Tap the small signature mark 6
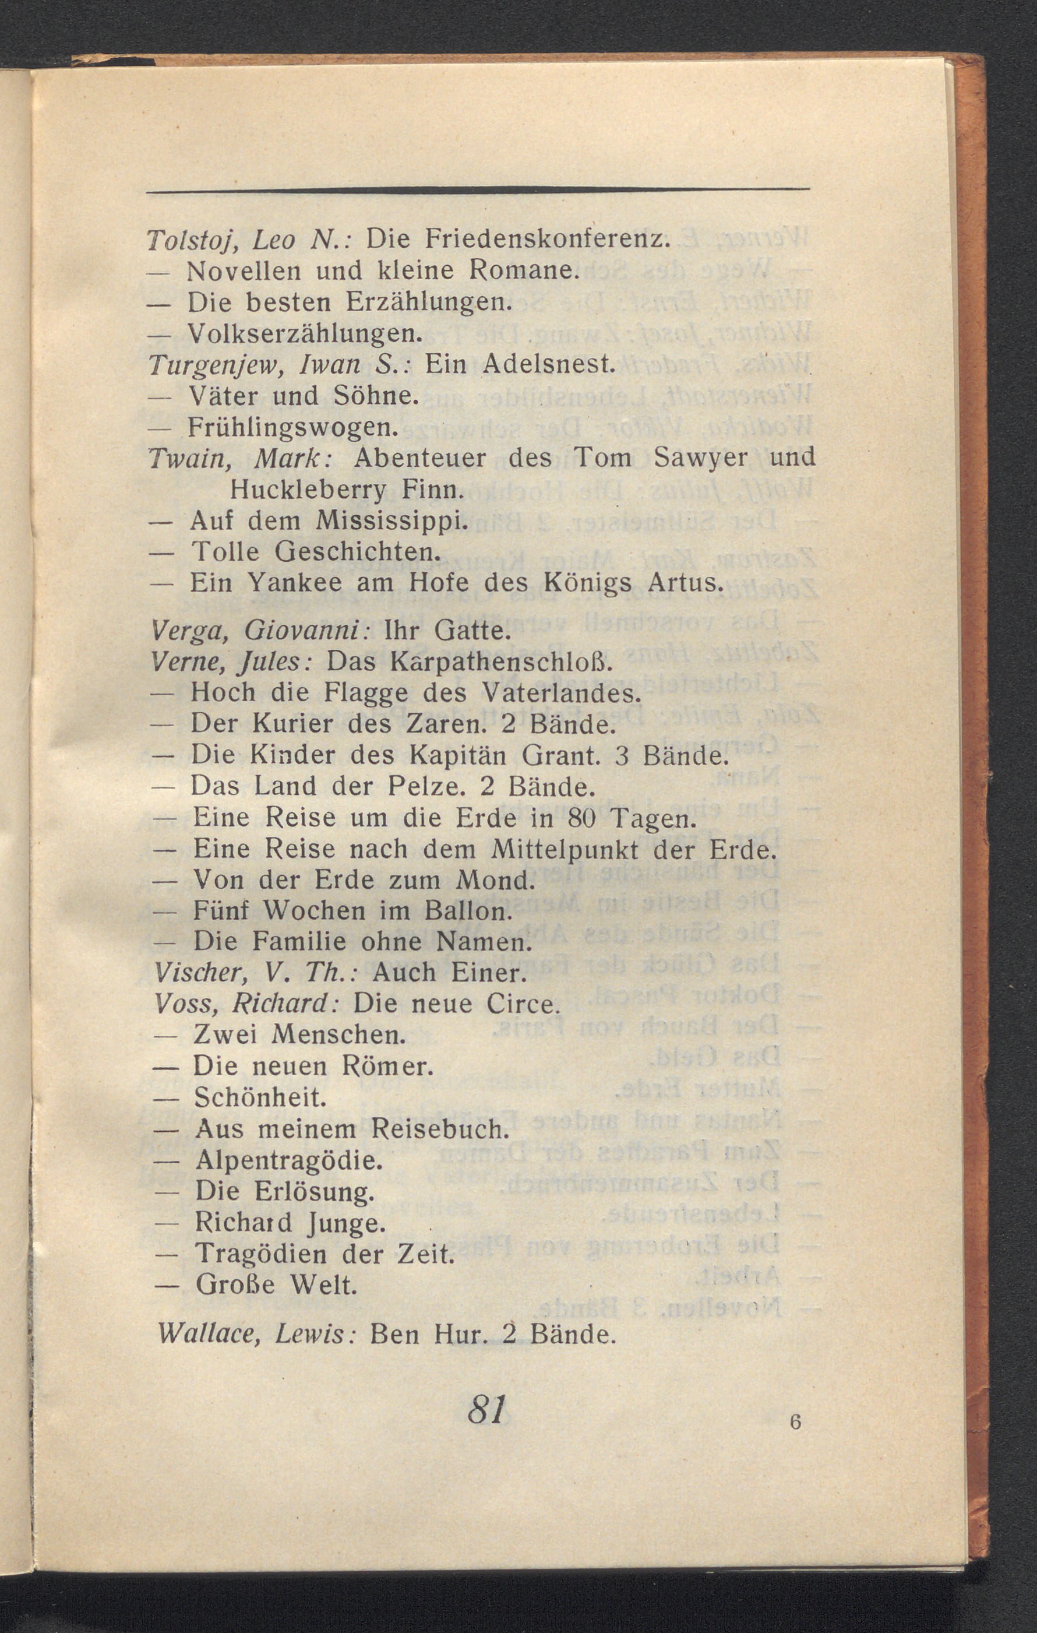click(795, 1422)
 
